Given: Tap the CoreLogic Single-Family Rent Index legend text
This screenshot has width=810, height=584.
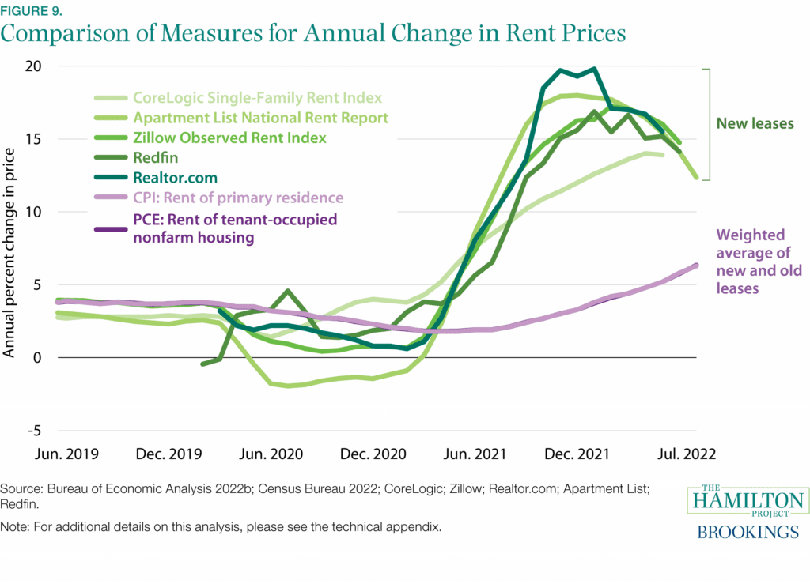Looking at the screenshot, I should point(257,98).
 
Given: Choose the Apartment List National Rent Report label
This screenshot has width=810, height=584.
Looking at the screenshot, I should point(260,118).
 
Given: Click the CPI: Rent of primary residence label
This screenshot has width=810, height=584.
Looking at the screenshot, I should point(238,198).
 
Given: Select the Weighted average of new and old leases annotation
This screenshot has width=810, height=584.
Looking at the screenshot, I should point(759,262).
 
